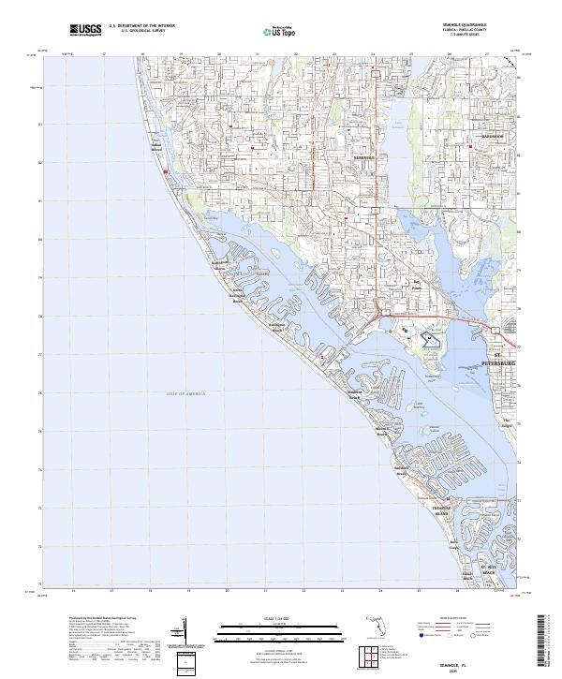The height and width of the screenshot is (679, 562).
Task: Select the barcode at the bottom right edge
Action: click(x=544, y=637)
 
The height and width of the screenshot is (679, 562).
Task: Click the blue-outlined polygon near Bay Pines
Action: click(x=429, y=340)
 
